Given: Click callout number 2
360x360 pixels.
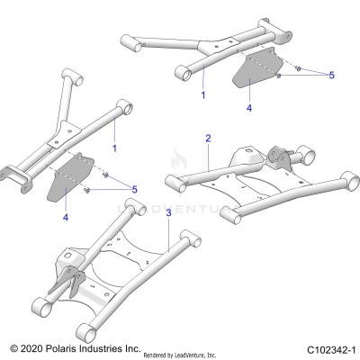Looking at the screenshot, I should pyautogui.click(x=208, y=139).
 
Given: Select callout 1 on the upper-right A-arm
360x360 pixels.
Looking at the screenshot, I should pyautogui.click(x=203, y=94).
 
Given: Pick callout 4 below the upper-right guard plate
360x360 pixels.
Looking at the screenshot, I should pyautogui.click(x=249, y=108).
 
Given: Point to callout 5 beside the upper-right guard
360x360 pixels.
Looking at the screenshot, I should pyautogui.click(x=330, y=76).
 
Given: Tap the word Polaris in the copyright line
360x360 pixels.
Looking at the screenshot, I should pyautogui.click(x=62, y=347).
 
